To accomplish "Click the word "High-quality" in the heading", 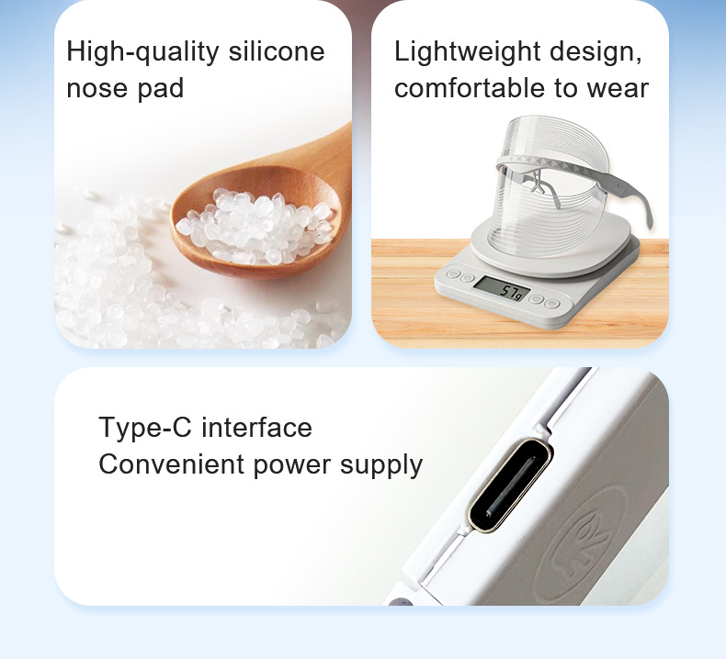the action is (142, 51).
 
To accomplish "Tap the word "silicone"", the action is (277, 50).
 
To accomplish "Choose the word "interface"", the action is (257, 427).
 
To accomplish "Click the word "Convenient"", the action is (171, 464).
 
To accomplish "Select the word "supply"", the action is (381, 465).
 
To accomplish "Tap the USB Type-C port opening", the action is (510, 485).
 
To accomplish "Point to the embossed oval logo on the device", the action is (581, 545).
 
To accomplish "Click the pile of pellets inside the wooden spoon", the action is (255, 226).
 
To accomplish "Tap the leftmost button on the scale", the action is (453, 274).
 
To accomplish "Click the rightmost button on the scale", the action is (551, 304).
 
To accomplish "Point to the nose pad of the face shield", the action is (537, 184).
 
